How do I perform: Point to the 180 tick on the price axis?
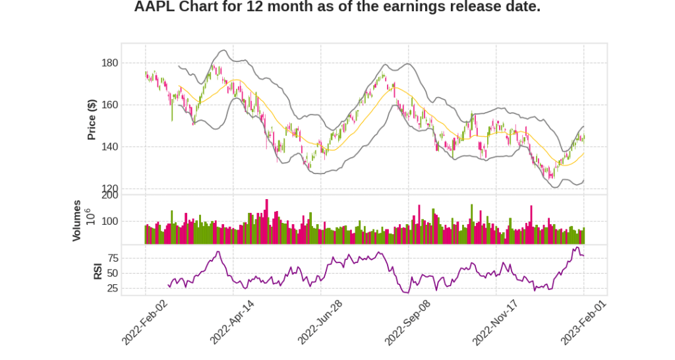tap(109, 63)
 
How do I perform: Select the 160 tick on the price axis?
tap(109, 105)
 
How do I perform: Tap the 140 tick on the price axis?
tap(109, 147)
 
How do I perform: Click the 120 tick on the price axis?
tap(109, 189)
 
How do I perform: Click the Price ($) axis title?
tap(92, 119)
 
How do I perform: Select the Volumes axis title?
tap(77, 220)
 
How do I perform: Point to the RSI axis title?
tap(97, 270)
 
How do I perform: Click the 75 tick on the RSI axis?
tap(112, 258)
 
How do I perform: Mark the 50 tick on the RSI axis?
tap(112, 273)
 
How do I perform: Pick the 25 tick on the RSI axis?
tap(112, 288)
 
